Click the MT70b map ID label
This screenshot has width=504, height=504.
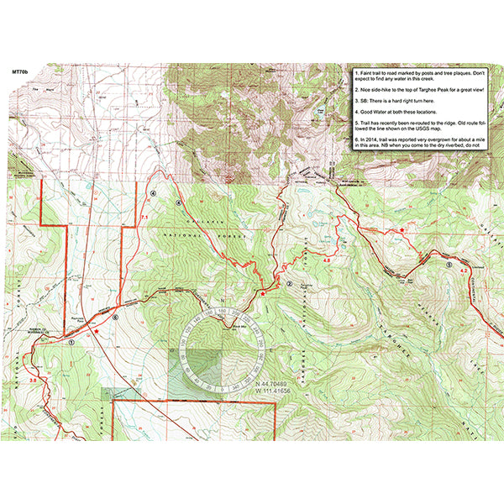[21, 73]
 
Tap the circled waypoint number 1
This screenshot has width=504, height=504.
[72, 343]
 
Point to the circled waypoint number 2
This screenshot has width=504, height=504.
[289, 284]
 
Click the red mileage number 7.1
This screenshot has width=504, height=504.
[144, 218]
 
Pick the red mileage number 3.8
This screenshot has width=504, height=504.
[33, 381]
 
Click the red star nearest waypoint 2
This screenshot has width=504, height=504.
[264, 294]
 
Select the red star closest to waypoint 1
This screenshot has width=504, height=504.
[98, 331]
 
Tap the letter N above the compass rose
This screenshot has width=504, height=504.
[223, 301]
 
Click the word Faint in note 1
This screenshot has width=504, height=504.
[367, 74]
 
